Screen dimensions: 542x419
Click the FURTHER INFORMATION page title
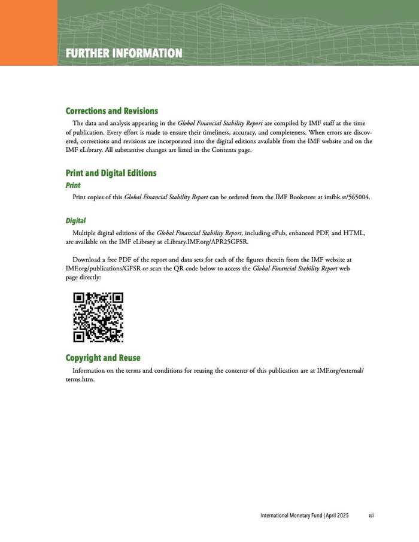(124, 54)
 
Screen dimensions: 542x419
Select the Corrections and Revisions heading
(111, 111)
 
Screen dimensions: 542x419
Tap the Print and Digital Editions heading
(111, 173)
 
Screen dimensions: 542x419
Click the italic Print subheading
(73, 185)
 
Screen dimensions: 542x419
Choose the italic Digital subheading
(76, 221)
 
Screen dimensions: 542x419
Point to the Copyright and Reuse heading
(103, 358)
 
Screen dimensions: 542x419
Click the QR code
(98, 317)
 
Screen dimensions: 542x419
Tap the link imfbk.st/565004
(347, 197)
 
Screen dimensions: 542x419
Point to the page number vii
(371, 516)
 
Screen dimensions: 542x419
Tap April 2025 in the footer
(337, 516)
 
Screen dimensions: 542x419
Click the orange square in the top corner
(29, 32)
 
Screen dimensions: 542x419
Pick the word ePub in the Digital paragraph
(282, 233)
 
